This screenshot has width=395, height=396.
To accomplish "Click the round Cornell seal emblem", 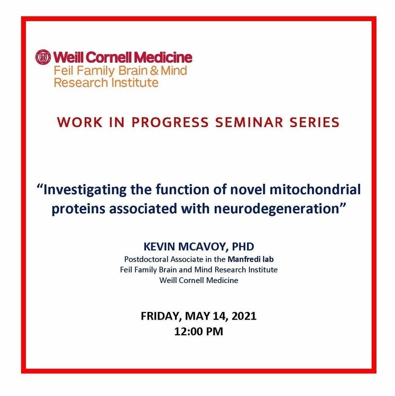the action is pyautogui.click(x=43, y=57).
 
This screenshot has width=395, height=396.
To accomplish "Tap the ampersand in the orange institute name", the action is pyautogui.click(x=154, y=70).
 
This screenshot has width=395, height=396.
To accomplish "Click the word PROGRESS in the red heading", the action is pyautogui.click(x=170, y=122).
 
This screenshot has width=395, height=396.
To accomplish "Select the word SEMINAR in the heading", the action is pyautogui.click(x=249, y=122).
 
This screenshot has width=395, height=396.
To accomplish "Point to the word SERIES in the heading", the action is pyautogui.click(x=314, y=122).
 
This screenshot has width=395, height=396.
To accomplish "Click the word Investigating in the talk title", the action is pyautogui.click(x=85, y=191).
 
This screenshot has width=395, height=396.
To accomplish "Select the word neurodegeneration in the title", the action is pyautogui.click(x=277, y=210).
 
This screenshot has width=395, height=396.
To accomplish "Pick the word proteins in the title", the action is pyautogui.click(x=78, y=210).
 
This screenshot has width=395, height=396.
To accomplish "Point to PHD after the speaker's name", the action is pyautogui.click(x=243, y=247).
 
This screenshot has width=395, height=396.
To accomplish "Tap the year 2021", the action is pyautogui.click(x=244, y=316).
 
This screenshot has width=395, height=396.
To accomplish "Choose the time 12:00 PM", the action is pyautogui.click(x=199, y=332).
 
